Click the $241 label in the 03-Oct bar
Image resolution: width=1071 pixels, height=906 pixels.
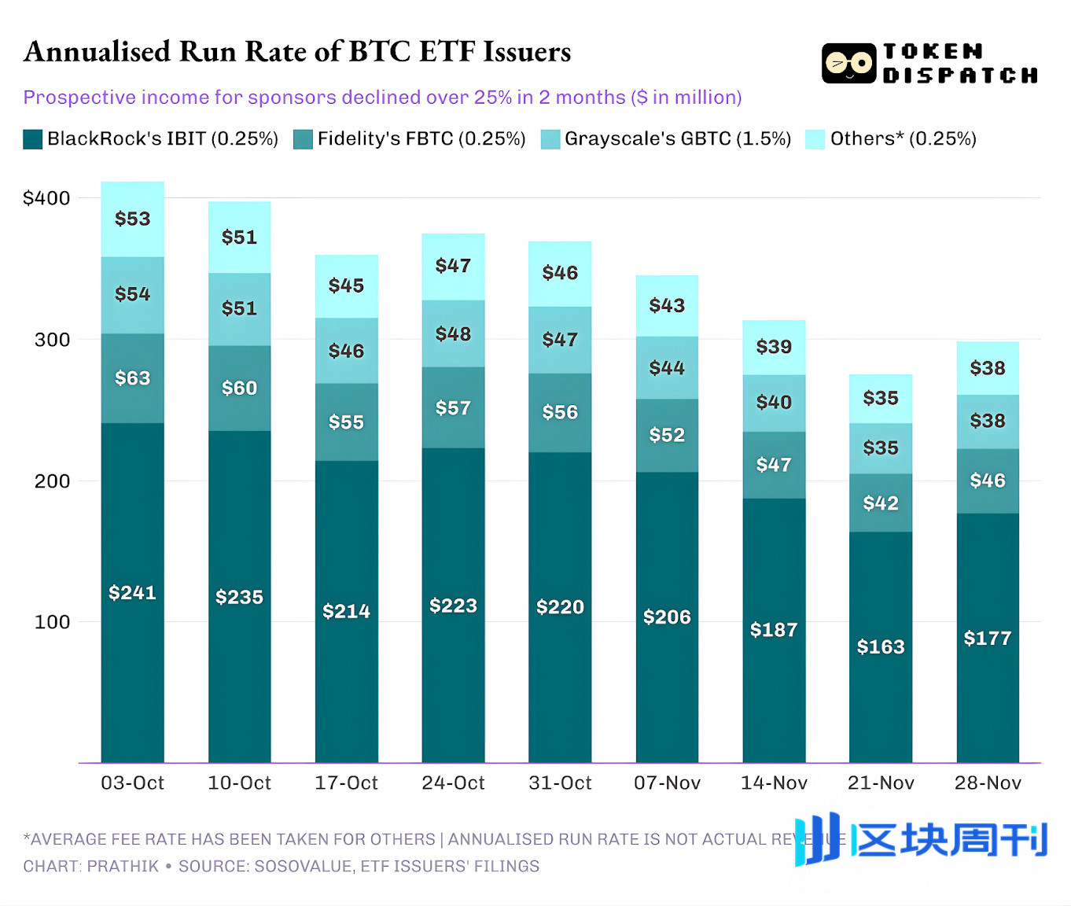coord(132,592)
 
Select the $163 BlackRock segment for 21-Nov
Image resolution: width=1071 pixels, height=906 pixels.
coord(881,646)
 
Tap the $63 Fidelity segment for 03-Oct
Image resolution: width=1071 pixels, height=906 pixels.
coord(132,378)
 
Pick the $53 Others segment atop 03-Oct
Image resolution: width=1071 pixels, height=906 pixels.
coord(132,219)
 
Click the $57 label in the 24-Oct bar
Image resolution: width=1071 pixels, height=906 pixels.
coord(453,408)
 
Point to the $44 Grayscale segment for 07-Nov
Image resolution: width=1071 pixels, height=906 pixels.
coord(667,368)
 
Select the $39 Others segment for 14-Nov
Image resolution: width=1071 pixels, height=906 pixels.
coord(774,347)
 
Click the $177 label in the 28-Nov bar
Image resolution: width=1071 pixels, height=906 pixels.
coord(988,638)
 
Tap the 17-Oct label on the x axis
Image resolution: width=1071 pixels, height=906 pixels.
coord(346,783)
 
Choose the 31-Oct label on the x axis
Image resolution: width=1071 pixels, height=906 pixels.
coord(560,783)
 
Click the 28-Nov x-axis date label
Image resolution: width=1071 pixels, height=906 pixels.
coord(988,783)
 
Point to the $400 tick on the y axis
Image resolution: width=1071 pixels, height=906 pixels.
coord(46,198)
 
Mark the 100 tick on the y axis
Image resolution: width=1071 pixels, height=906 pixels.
coord(52,622)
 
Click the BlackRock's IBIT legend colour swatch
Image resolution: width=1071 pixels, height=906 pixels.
coord(32,139)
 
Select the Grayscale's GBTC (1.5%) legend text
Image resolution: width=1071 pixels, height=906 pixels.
coord(677,139)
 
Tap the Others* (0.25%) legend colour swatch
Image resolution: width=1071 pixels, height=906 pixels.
coord(815,139)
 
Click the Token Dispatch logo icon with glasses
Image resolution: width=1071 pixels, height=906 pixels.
coord(848,64)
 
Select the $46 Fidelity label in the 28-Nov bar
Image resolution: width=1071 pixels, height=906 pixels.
coord(988,481)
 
